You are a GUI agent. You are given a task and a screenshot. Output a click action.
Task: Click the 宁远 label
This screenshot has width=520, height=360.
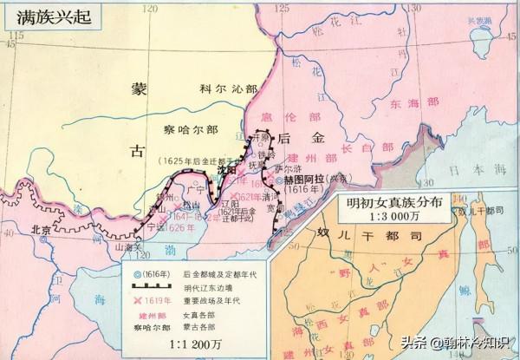pyautogui.click(x=155, y=228)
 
